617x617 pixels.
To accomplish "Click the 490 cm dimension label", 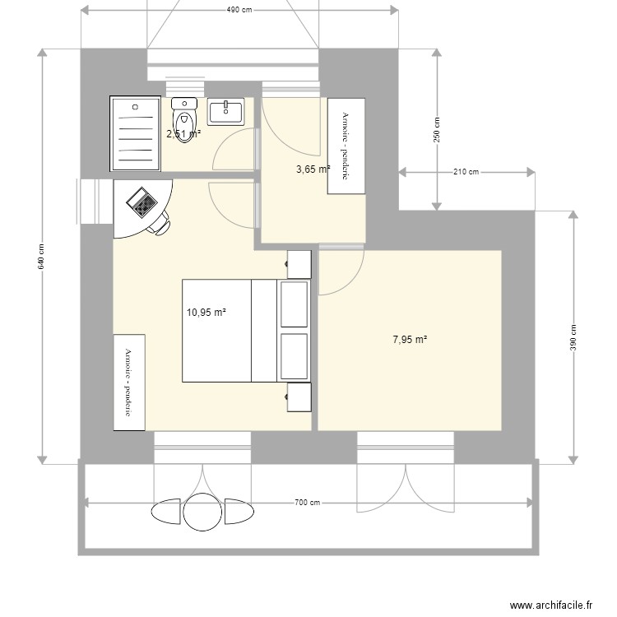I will click(239, 10).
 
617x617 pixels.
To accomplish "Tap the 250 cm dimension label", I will click(437, 128).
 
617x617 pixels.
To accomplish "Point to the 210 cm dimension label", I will click(466, 172).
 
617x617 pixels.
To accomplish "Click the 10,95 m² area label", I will click(206, 313).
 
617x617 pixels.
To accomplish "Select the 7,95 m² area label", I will click(409, 339).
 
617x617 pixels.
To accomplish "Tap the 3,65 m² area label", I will click(313, 169).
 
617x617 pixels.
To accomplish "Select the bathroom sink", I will click(225, 112).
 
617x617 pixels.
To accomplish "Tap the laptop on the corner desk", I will click(141, 201).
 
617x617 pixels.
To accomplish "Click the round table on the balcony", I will click(202, 511).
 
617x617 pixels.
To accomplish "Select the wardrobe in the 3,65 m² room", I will click(346, 146).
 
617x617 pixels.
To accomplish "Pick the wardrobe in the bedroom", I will click(129, 382).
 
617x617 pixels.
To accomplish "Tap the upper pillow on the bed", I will click(294, 304).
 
